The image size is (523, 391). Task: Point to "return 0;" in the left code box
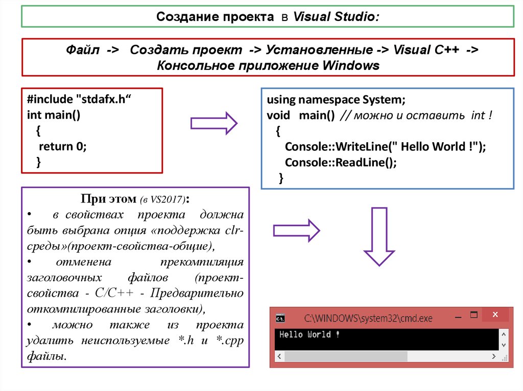(63, 146)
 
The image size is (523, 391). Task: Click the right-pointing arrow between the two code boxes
(213, 123)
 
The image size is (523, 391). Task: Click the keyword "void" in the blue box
(278, 115)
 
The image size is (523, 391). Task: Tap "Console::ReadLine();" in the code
(341, 162)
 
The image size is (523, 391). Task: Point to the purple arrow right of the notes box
(296, 230)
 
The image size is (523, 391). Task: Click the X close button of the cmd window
(494, 315)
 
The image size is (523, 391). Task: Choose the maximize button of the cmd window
(473, 315)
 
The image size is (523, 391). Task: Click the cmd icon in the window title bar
(280, 318)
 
